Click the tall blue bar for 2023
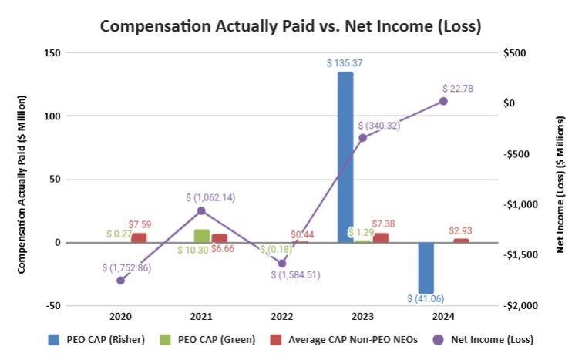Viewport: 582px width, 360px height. (345, 157)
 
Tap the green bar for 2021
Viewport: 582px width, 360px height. (201, 236)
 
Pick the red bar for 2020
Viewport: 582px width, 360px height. (139, 237)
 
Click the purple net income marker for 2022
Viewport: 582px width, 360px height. (282, 263)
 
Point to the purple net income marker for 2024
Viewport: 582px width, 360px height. (443, 101)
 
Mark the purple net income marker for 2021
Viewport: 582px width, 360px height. (201, 210)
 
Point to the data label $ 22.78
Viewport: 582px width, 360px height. (458, 89)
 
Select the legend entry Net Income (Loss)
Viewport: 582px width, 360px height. (489, 338)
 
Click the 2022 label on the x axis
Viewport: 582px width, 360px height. (282, 316)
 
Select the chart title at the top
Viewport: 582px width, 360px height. (291, 26)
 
